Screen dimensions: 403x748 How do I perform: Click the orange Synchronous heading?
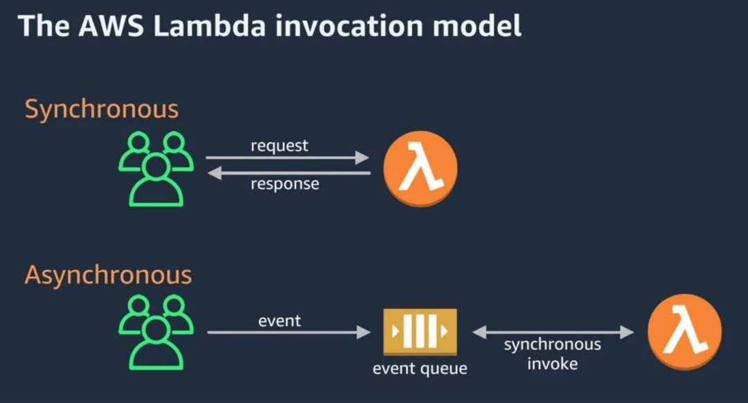tap(102, 109)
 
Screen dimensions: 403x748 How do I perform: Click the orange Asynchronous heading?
tap(108, 275)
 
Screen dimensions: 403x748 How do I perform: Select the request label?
tap(279, 146)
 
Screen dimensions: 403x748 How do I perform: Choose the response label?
tap(285, 184)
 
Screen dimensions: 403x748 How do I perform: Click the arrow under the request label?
tap(287, 158)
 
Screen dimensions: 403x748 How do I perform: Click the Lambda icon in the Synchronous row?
tap(420, 169)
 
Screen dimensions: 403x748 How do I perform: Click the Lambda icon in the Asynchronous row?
tap(684, 332)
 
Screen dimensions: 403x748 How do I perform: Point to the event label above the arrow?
tap(279, 321)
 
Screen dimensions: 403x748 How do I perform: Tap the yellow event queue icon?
tap(420, 332)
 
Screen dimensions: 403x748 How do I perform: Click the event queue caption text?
tap(420, 368)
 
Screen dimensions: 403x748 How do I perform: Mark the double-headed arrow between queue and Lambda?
tap(553, 332)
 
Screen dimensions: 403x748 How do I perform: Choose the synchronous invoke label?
tap(553, 354)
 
